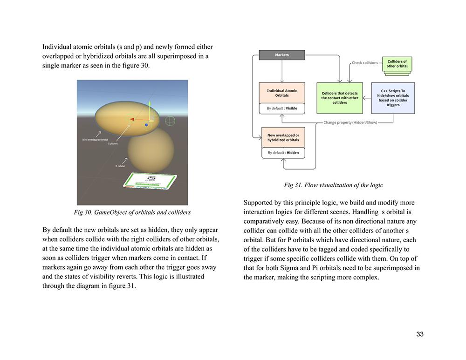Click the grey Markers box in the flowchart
point(281,55)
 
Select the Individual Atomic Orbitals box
point(282,93)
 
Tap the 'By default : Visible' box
point(282,109)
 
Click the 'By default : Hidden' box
point(283,153)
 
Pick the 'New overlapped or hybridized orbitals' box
point(283,138)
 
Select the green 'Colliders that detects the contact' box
point(340,98)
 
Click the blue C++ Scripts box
point(393,98)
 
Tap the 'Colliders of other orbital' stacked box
point(397,64)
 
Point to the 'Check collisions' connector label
point(365,63)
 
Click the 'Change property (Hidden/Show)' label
point(350,123)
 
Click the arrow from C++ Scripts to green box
point(367,98)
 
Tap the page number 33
point(420,334)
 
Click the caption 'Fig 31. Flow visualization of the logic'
point(333,185)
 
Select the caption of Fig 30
point(132,212)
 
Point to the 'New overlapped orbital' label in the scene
point(95,140)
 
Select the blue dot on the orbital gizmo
point(146,125)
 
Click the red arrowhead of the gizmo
point(132,119)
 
